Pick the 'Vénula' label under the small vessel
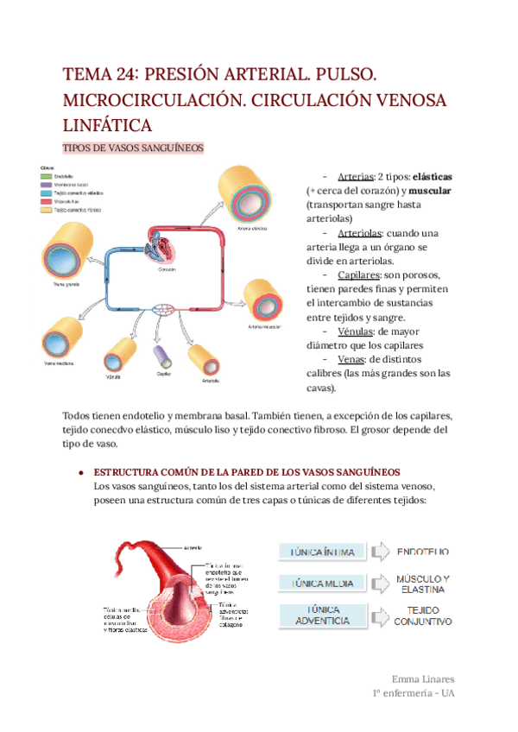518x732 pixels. coord(112,377)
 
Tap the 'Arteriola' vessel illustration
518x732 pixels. coord(205,358)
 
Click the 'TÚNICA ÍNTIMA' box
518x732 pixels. coord(316,552)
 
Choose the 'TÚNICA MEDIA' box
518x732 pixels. coord(316,584)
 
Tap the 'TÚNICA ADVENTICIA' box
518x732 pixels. coord(316,615)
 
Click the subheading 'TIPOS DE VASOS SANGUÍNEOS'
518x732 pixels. coord(134,148)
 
